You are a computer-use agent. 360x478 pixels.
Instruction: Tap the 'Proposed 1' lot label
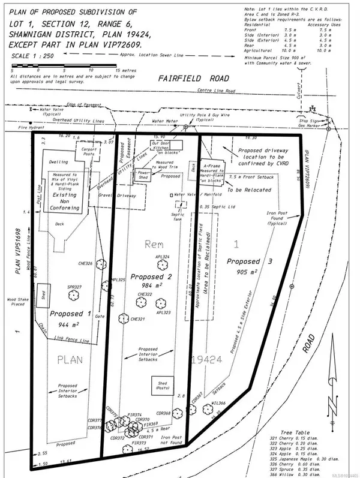click(71, 313)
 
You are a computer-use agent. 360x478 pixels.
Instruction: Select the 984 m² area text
click(148, 285)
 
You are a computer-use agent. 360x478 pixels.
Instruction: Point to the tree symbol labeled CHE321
click(124, 318)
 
